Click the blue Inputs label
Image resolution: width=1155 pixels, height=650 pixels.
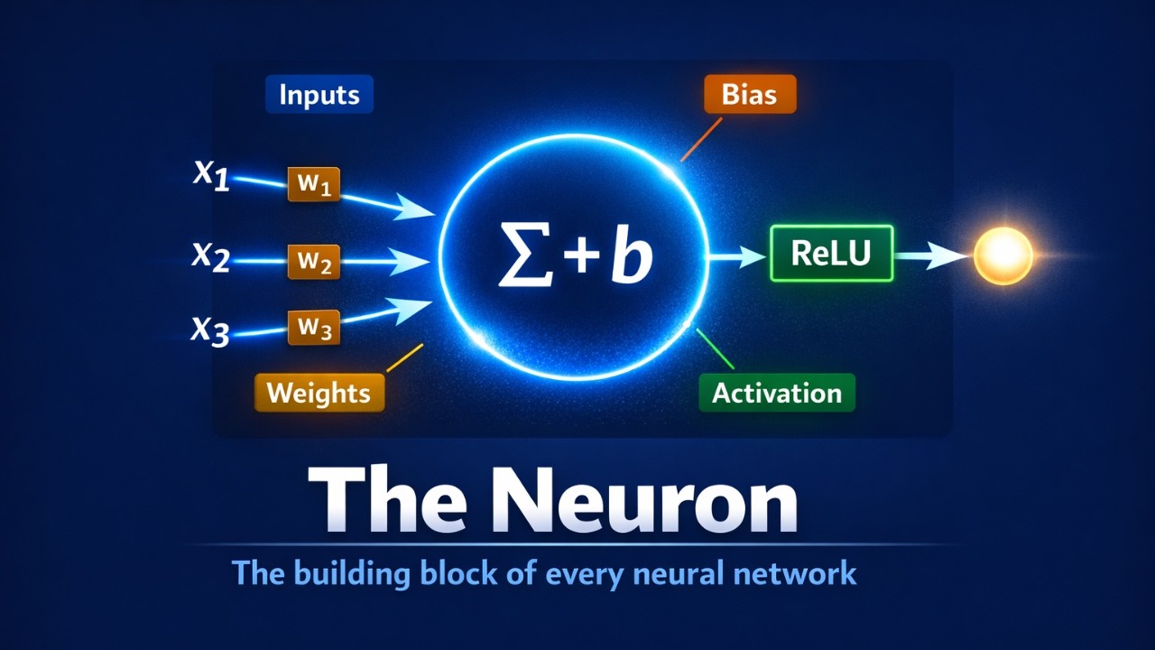pyautogui.click(x=319, y=95)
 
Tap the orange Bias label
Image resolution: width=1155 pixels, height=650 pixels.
pyautogui.click(x=750, y=95)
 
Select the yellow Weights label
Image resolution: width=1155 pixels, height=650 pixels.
pyautogui.click(x=319, y=393)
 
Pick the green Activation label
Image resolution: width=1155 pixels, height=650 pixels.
pyautogui.click(x=777, y=393)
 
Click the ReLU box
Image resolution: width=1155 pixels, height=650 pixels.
pyautogui.click(x=831, y=254)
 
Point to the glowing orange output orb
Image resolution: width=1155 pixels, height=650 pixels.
pyautogui.click(x=1003, y=255)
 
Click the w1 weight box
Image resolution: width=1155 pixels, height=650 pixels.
pyautogui.click(x=313, y=184)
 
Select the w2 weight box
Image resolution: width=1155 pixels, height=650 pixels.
pyautogui.click(x=313, y=262)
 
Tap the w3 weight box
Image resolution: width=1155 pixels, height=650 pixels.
pyautogui.click(x=313, y=327)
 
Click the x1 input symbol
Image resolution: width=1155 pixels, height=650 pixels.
pyautogui.click(x=211, y=175)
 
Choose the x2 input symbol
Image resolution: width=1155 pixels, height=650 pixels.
pyautogui.click(x=210, y=255)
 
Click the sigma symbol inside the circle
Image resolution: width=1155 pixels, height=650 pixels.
pyautogui.click(x=525, y=256)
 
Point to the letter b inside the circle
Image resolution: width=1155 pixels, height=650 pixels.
pyautogui.click(x=633, y=255)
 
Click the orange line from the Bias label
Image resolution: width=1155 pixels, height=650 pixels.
pyautogui.click(x=701, y=140)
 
